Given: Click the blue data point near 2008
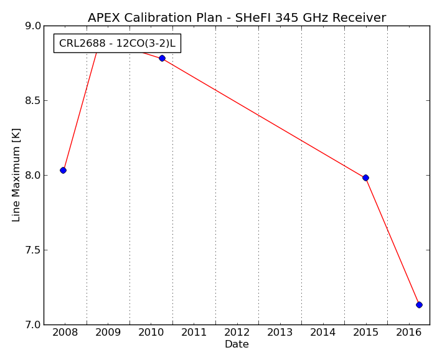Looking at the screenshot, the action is pos(63,171).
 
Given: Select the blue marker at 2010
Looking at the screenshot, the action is pos(162,59).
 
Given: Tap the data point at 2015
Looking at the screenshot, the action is pos(365,178).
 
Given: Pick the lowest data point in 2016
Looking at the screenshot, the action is pos(419,305).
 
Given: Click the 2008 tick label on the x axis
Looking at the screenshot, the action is pos(65,333).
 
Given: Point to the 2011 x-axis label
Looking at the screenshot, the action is pos(194,333).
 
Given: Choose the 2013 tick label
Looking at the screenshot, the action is pos(280,333).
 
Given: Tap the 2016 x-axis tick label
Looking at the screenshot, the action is pos(409,333).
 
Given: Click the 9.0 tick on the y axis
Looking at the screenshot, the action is pos(33,26).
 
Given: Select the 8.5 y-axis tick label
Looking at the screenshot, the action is pos(33,101).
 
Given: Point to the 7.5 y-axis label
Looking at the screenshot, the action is pos(33,250).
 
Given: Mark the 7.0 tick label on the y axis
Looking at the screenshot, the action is pos(33,325).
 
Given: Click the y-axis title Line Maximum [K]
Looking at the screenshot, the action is pos(16,175).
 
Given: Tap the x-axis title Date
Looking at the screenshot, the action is pos(237,344).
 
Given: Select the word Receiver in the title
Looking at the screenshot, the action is pos(359,18).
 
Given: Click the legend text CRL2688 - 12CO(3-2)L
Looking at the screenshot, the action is pos(117,44).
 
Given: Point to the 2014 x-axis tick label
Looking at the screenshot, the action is pos(322,333).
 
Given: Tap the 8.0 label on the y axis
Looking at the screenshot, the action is pos(33,176).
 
